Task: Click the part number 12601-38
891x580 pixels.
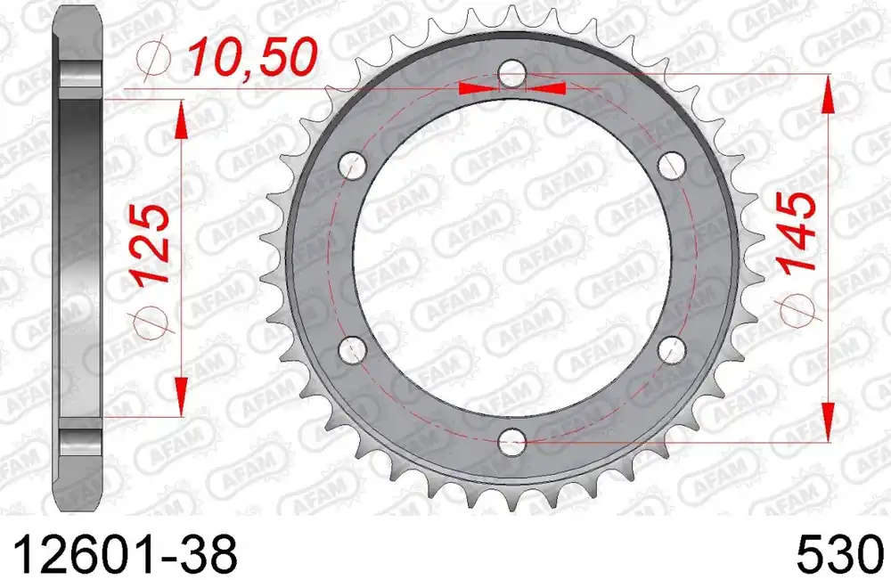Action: pyautogui.click(x=123, y=555)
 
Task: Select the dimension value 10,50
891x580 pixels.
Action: pyautogui.click(x=252, y=58)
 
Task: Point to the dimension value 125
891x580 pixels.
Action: pyautogui.click(x=151, y=244)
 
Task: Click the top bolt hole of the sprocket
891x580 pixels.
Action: pyautogui.click(x=512, y=74)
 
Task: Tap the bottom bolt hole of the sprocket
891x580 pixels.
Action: pyautogui.click(x=512, y=442)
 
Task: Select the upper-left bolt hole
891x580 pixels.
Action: pyautogui.click(x=352, y=166)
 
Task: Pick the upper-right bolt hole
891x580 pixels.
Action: pyautogui.click(x=672, y=166)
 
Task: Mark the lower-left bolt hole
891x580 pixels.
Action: pyautogui.click(x=352, y=350)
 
